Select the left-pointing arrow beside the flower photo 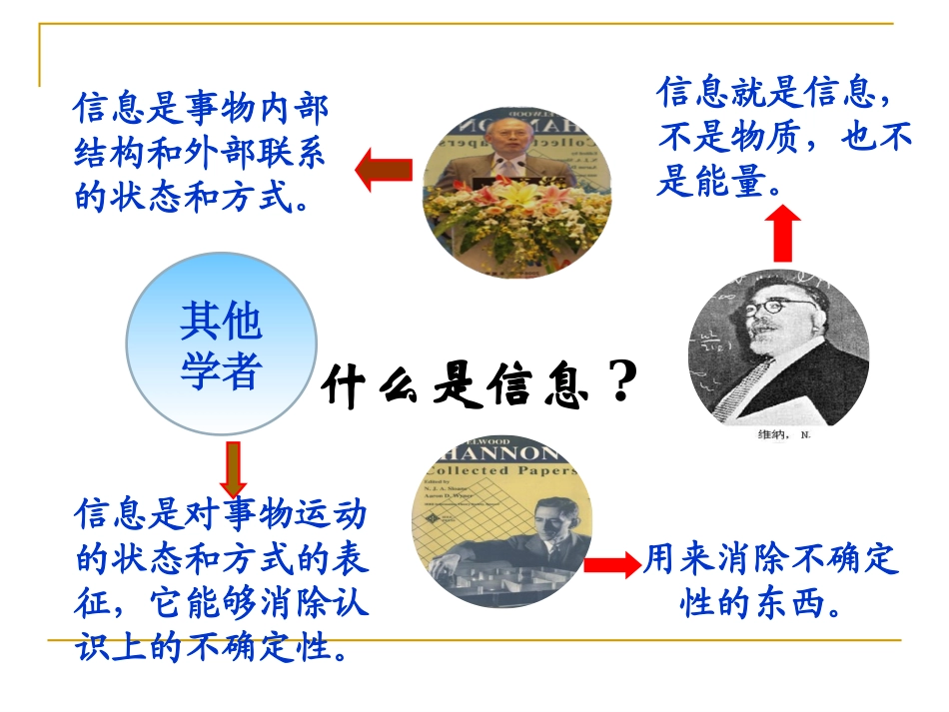[x=385, y=169]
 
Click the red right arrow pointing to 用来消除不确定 [x=610, y=564]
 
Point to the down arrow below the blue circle [x=234, y=467]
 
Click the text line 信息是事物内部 [x=201, y=108]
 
